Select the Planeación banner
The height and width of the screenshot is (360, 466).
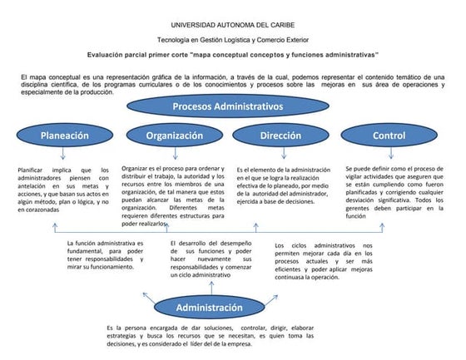(64, 135)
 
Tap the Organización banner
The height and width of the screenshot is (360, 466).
(175, 135)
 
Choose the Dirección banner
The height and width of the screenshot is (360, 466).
(280, 135)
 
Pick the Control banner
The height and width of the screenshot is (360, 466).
(389, 135)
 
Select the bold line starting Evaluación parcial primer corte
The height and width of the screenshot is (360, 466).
(233, 54)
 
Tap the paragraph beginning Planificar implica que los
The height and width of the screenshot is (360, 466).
(63, 190)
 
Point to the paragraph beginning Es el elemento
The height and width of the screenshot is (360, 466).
(283, 185)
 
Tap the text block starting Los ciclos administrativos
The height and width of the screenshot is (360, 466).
(323, 260)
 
